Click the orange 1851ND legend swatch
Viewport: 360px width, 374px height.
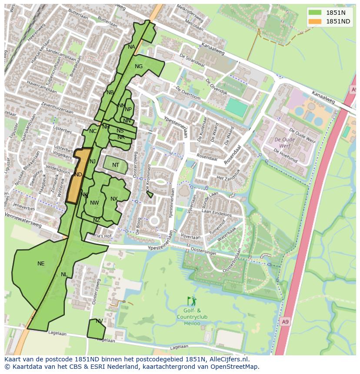pos(315,21)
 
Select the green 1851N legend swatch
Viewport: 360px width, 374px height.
pos(315,13)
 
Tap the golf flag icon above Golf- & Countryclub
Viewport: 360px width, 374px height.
pos(192,301)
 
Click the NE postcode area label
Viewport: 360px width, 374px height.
pos(41,264)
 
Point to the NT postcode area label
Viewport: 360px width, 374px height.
pos(116,165)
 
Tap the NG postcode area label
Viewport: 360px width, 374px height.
pos(139,66)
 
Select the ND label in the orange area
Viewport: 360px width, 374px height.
pos(78,175)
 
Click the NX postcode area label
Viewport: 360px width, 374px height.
pos(114,199)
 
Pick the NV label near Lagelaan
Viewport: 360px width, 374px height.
pos(99,321)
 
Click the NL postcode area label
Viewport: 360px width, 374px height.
pos(64,275)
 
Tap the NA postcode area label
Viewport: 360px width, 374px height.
pos(131,47)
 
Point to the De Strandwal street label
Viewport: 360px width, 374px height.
pos(191,61)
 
